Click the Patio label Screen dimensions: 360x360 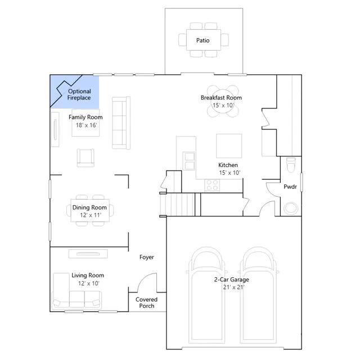pyautogui.click(x=202, y=40)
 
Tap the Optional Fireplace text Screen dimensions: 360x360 pyautogui.click(x=79, y=94)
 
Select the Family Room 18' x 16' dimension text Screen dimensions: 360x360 pyautogui.click(x=86, y=125)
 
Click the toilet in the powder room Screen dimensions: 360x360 pyautogui.click(x=291, y=165)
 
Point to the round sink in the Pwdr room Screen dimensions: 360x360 pyautogui.click(x=291, y=208)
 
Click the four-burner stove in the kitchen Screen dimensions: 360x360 pyautogui.click(x=212, y=185)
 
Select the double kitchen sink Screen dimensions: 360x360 pyautogui.click(x=190, y=161)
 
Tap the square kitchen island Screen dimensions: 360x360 pyautogui.click(x=229, y=146)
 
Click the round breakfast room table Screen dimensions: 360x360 pyautogui.click(x=223, y=101)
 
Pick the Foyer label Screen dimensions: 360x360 pyautogui.click(x=147, y=257)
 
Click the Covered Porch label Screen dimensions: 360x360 pyautogui.click(x=146, y=303)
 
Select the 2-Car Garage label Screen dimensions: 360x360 pyautogui.click(x=231, y=280)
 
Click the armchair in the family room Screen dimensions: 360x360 pyautogui.click(x=85, y=157)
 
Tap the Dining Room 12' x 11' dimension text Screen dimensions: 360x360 pyautogui.click(x=91, y=215)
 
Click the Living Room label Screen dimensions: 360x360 pyautogui.click(x=88, y=275)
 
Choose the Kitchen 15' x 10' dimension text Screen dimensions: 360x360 pyautogui.click(x=229, y=173)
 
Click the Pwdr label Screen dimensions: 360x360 pyautogui.click(x=290, y=187)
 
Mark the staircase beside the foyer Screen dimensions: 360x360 pyautogui.click(x=178, y=204)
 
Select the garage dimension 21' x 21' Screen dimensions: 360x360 pyautogui.click(x=234, y=287)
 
